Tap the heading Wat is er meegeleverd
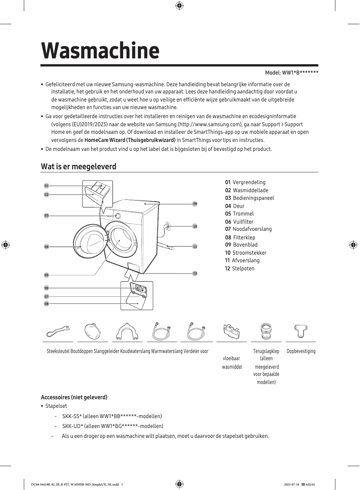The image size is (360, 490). (x=79, y=167)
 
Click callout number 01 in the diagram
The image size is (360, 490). (x=46, y=185)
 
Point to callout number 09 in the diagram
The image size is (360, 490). (x=195, y=204)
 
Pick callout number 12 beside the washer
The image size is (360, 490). (x=195, y=274)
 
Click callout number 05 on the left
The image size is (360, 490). (x=46, y=275)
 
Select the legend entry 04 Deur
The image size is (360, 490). (x=235, y=206)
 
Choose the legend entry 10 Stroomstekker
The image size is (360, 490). (x=246, y=253)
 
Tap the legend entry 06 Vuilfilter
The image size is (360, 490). (x=239, y=222)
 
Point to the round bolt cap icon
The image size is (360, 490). (x=92, y=332)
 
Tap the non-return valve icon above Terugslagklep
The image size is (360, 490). (x=266, y=332)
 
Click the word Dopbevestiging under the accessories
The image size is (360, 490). (x=301, y=351)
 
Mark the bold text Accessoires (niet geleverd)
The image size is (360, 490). (x=74, y=397)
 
